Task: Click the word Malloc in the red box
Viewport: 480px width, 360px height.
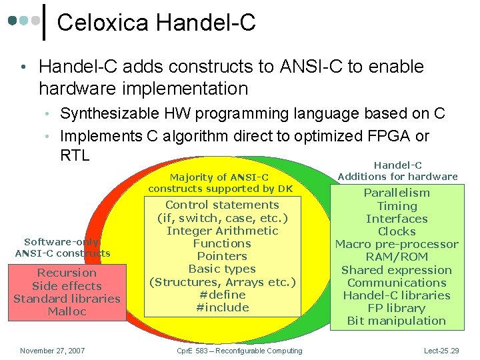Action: [x=67, y=311]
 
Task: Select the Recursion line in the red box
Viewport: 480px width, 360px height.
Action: [x=67, y=273]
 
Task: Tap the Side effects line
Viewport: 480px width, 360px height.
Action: [x=67, y=285]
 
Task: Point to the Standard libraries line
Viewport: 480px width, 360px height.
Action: [x=67, y=298]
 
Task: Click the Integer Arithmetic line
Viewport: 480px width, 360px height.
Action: [x=222, y=231]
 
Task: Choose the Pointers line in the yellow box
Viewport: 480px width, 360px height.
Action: [x=222, y=256]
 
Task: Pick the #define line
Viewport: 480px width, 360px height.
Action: [x=222, y=294]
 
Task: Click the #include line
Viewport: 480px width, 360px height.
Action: [x=222, y=307]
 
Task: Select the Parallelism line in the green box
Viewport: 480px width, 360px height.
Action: [x=397, y=193]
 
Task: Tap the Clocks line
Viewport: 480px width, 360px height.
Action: [x=397, y=231]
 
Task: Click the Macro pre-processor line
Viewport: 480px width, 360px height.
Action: [x=397, y=244]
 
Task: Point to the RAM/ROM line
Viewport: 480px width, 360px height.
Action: [x=397, y=257]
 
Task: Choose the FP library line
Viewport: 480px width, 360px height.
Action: [x=397, y=308]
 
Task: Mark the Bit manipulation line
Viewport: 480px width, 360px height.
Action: [x=397, y=321]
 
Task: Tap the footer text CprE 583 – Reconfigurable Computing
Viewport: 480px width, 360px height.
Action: [x=239, y=351]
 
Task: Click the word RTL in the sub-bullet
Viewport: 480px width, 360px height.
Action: [x=75, y=155]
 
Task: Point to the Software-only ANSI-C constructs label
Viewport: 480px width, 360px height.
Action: [x=63, y=247]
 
